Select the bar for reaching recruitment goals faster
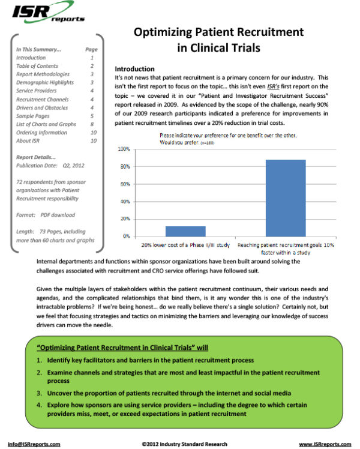coord(286,198)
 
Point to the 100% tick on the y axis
coord(124,149)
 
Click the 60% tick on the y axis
coord(125,184)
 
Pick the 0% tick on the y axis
coord(126,237)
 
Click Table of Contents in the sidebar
coord(37,66)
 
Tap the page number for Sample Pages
coord(92,116)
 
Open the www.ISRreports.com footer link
coord(325,444)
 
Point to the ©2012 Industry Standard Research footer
coord(184,444)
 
